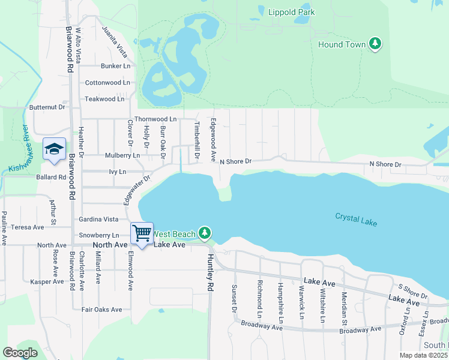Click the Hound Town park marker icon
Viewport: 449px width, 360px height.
tap(375, 44)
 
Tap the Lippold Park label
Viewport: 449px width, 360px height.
tap(292, 12)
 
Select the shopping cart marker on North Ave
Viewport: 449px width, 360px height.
tap(142, 233)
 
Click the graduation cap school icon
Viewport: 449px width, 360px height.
tap(54, 149)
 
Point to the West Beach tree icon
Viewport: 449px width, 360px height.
tap(205, 232)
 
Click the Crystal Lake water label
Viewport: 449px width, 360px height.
tap(356, 220)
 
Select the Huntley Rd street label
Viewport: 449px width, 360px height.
tap(210, 272)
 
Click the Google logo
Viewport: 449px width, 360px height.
tap(20, 352)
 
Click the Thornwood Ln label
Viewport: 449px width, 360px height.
tap(155, 119)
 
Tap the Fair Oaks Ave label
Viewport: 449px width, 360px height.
tap(101, 310)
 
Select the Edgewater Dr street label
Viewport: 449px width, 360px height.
tap(137, 190)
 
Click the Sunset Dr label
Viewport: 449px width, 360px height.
tap(234, 298)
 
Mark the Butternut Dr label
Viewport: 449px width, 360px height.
tap(47, 107)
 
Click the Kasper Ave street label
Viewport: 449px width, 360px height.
tap(47, 281)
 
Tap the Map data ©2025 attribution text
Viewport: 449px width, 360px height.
tap(424, 355)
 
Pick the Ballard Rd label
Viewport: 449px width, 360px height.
tap(51, 177)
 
